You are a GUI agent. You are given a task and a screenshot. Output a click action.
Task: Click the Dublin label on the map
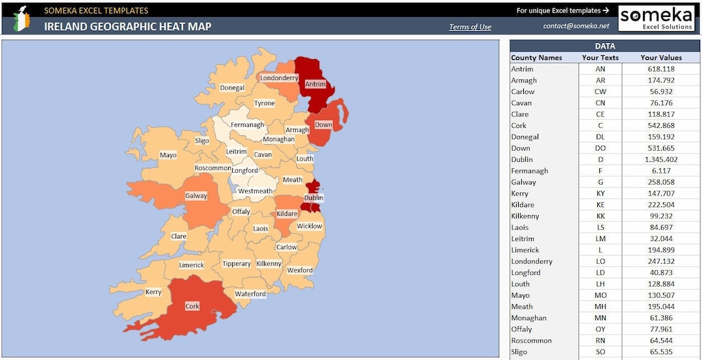coord(313,198)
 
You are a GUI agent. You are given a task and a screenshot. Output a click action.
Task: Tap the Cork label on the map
coord(192,306)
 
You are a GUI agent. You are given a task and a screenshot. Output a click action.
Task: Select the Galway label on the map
coord(196,196)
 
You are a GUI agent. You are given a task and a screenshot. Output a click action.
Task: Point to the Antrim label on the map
coord(315,84)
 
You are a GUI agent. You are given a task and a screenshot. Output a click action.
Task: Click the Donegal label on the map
coord(232,88)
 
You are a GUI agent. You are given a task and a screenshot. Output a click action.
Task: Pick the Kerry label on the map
coord(153,292)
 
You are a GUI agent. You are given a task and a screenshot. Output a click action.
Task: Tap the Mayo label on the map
coord(168,155)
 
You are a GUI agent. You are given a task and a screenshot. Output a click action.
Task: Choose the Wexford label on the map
coord(300,270)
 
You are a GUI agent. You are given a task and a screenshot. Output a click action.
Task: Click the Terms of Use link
coord(470,27)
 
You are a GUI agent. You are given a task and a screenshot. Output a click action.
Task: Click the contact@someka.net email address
coord(576,26)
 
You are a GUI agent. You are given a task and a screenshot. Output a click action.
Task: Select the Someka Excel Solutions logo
coord(656,18)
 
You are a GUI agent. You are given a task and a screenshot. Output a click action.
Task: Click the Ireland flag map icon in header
coord(22,18)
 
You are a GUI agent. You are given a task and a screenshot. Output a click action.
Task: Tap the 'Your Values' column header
coord(661,58)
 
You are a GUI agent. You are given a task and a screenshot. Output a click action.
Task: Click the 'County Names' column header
coord(536,58)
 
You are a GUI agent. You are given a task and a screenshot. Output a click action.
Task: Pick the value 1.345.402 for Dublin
coord(661,159)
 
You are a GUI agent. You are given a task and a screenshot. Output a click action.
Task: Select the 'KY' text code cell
coord(600,194)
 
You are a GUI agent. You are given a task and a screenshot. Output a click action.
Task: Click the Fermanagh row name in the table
coord(529,171)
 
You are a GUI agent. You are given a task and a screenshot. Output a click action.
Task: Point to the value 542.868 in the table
coord(661,125)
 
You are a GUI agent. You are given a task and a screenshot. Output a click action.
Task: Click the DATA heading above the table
coord(604,46)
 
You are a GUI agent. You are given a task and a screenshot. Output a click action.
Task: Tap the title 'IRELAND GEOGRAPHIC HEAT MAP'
coord(127,27)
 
